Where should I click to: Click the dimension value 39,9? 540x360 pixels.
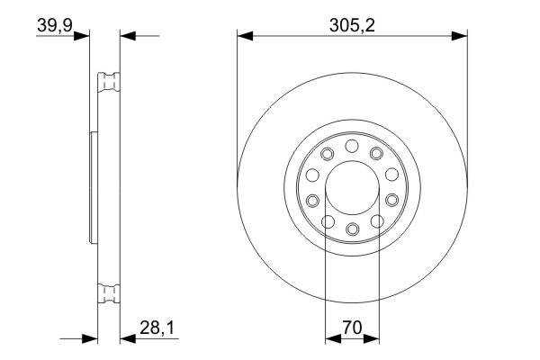click(x=54, y=25)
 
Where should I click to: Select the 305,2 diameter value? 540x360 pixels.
click(x=352, y=25)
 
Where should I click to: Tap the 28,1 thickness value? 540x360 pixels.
click(x=157, y=328)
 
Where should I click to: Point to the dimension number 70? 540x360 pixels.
click(x=352, y=328)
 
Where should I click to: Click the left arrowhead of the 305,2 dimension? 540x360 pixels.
click(x=245, y=36)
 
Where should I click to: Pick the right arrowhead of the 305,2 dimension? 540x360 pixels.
click(x=459, y=36)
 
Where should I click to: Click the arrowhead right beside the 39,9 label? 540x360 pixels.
click(x=82, y=36)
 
